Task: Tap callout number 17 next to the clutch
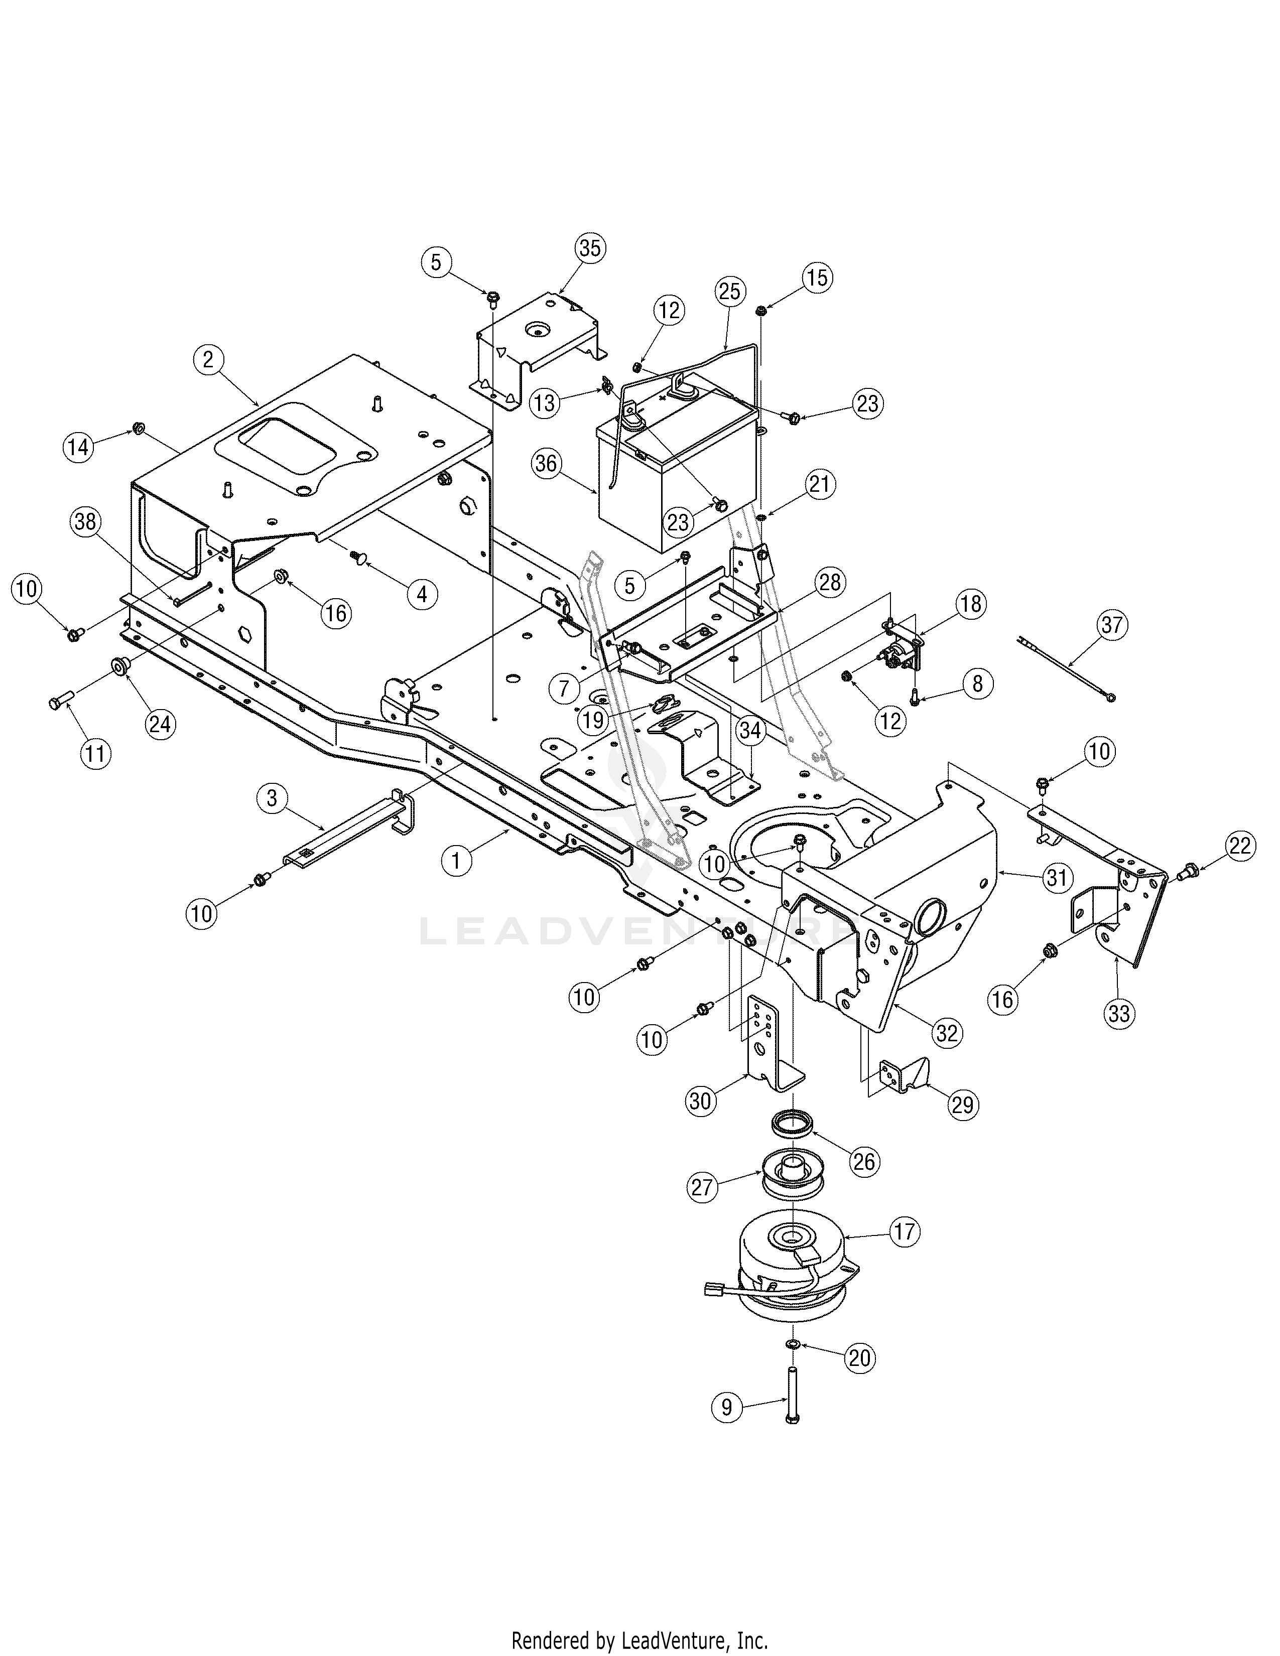pyautogui.click(x=905, y=1231)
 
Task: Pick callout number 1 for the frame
pyautogui.click(x=456, y=861)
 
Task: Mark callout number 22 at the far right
pyautogui.click(x=1240, y=846)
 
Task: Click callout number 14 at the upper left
pyautogui.click(x=77, y=447)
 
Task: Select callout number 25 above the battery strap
pyautogui.click(x=730, y=291)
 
